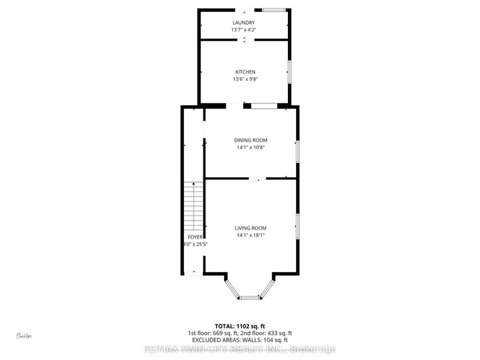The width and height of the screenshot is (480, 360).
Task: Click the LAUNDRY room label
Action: tap(243, 22)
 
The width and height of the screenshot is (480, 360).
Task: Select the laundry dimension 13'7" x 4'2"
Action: tap(243, 30)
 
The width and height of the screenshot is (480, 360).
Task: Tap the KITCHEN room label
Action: tap(241, 72)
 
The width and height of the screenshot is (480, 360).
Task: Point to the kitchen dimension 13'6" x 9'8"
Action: tap(241, 79)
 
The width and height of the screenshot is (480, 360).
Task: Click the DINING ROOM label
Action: tap(250, 140)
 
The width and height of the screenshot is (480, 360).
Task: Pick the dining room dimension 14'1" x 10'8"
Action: tap(250, 147)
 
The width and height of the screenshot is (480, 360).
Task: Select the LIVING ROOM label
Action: tap(250, 228)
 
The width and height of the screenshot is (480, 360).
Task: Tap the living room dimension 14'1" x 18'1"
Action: tap(250, 235)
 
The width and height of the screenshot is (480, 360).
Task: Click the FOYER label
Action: tap(194, 237)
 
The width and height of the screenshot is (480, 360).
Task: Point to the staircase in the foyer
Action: tap(194, 206)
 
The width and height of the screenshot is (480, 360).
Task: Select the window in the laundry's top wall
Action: tap(274, 9)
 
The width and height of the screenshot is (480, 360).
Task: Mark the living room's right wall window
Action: tap(297, 226)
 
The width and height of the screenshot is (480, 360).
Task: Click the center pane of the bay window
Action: tap(250, 297)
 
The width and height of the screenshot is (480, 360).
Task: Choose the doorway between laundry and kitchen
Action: tap(245, 39)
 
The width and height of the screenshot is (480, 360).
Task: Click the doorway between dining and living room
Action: tap(258, 179)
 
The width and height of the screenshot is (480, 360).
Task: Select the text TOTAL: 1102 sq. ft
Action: tap(239, 326)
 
